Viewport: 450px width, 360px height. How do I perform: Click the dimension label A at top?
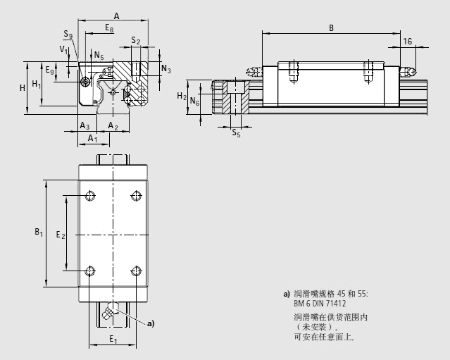coord(116,15)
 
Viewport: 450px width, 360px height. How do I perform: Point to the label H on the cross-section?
coord(23,87)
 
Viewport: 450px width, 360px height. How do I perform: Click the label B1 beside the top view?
coord(39,232)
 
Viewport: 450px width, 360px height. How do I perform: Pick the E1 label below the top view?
coord(113,339)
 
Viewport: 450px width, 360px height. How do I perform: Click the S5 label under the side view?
coord(237,132)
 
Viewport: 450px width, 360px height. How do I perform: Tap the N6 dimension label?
coord(195,102)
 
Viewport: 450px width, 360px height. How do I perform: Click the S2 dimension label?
coord(136,42)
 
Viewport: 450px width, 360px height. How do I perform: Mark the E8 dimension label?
coord(108,28)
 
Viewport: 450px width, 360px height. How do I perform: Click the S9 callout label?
coord(67,35)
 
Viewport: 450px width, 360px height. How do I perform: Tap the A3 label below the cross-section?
coord(84,125)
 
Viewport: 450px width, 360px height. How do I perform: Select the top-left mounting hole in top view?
coord(91,195)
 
